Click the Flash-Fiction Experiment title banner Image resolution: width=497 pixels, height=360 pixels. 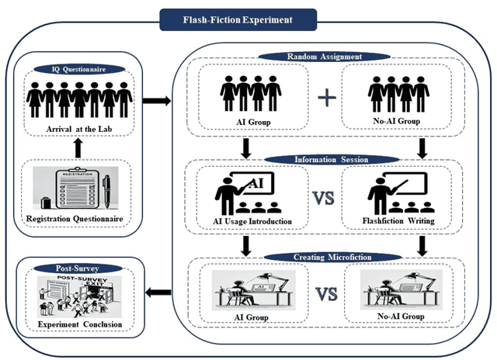tap(238, 19)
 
